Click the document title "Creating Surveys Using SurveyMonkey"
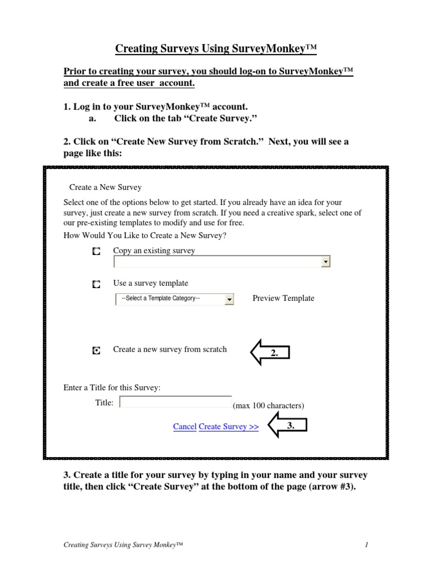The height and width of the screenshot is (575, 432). pyautogui.click(x=216, y=49)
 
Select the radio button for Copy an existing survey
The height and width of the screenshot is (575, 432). pyautogui.click(x=97, y=252)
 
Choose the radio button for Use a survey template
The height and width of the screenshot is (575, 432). pyautogui.click(x=97, y=285)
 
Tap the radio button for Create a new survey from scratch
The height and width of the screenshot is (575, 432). pyautogui.click(x=97, y=350)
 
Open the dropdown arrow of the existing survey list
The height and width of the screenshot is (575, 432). pyautogui.click(x=325, y=262)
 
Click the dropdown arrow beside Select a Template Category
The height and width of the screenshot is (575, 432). pyautogui.click(x=229, y=300)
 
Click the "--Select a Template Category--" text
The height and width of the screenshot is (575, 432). pyautogui.click(x=161, y=298)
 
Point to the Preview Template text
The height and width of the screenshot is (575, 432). pyautogui.click(x=283, y=298)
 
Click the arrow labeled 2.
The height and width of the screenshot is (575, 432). pyautogui.click(x=269, y=352)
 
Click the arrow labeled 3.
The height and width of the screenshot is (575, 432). pyautogui.click(x=287, y=426)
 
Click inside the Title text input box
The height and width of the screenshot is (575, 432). pyautogui.click(x=175, y=402)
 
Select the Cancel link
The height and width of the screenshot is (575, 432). pyautogui.click(x=184, y=427)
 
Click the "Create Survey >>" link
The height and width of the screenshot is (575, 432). pyautogui.click(x=229, y=427)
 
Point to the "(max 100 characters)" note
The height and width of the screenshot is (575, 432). pyautogui.click(x=268, y=405)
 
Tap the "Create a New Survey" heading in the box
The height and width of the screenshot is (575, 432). pyautogui.click(x=105, y=187)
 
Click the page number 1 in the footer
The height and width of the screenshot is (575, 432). pyautogui.click(x=366, y=545)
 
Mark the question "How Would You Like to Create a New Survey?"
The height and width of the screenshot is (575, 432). pyautogui.click(x=145, y=235)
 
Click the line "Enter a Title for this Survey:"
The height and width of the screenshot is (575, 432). pyautogui.click(x=112, y=387)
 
